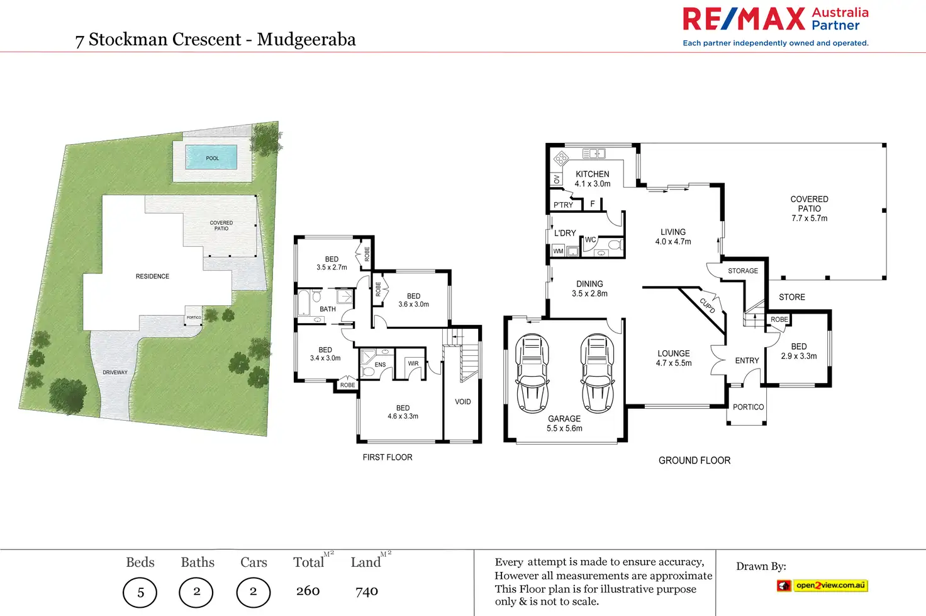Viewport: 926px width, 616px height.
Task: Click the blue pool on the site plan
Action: coord(211,157)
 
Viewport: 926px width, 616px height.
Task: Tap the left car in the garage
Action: coord(532,373)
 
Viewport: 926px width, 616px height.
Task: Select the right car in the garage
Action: coord(598,373)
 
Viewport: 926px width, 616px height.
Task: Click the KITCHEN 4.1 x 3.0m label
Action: coord(593,179)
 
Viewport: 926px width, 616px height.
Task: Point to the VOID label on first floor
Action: coord(462,402)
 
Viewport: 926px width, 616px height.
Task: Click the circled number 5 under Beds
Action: coord(140,593)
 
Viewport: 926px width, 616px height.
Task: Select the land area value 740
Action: coord(367,591)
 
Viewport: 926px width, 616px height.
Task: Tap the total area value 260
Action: coord(308,591)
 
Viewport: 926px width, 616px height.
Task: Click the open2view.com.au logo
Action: coord(822,585)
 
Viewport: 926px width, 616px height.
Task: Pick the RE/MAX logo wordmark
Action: coord(744,19)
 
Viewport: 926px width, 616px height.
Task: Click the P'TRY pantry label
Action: coord(563,205)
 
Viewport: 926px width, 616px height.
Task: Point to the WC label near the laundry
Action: coord(590,240)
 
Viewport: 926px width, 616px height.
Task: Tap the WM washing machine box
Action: coord(558,251)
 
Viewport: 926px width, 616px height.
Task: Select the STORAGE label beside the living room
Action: coord(743,271)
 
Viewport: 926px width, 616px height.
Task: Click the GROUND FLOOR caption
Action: coord(694,460)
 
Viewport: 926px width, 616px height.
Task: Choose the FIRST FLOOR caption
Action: coord(388,457)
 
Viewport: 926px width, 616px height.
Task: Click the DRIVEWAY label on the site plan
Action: coord(115,372)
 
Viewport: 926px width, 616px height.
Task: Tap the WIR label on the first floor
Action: coord(413,363)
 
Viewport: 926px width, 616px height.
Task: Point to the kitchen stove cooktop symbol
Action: coord(561,158)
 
